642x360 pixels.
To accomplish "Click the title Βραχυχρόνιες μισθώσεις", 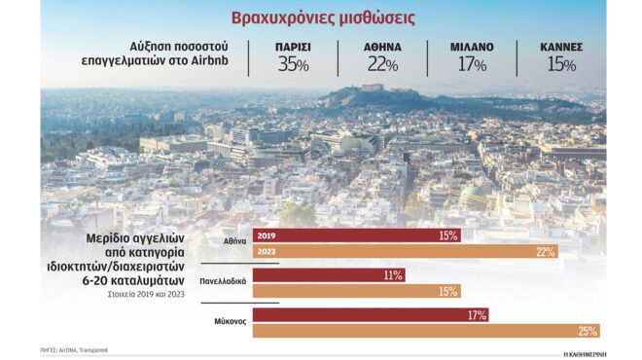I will point(321,18).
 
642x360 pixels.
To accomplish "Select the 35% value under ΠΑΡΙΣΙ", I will point(293,65).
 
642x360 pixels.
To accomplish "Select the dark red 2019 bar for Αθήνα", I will point(356,235).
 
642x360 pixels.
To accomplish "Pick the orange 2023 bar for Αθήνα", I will point(405,252).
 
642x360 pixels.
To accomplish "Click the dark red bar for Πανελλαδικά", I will point(329,275).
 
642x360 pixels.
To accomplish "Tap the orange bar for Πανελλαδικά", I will point(356,292).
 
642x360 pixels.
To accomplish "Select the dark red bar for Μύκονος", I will point(370,315).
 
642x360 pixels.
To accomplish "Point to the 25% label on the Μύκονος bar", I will point(586,331).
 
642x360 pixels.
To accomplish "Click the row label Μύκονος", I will point(229,320).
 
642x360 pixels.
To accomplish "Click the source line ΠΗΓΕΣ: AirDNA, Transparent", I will point(74,349).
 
